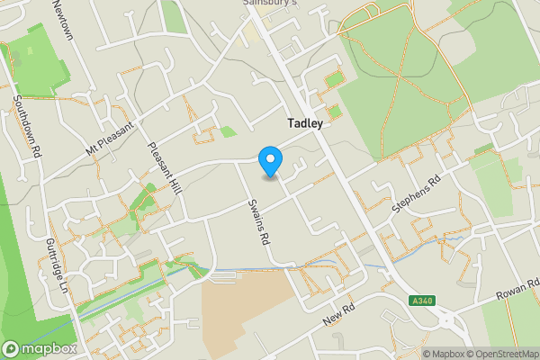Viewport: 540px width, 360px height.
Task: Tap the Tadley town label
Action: [305, 123]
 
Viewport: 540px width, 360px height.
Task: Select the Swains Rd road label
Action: [258, 221]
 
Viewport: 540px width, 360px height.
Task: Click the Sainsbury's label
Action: [269, 3]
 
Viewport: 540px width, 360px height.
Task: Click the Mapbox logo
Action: [40, 348]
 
